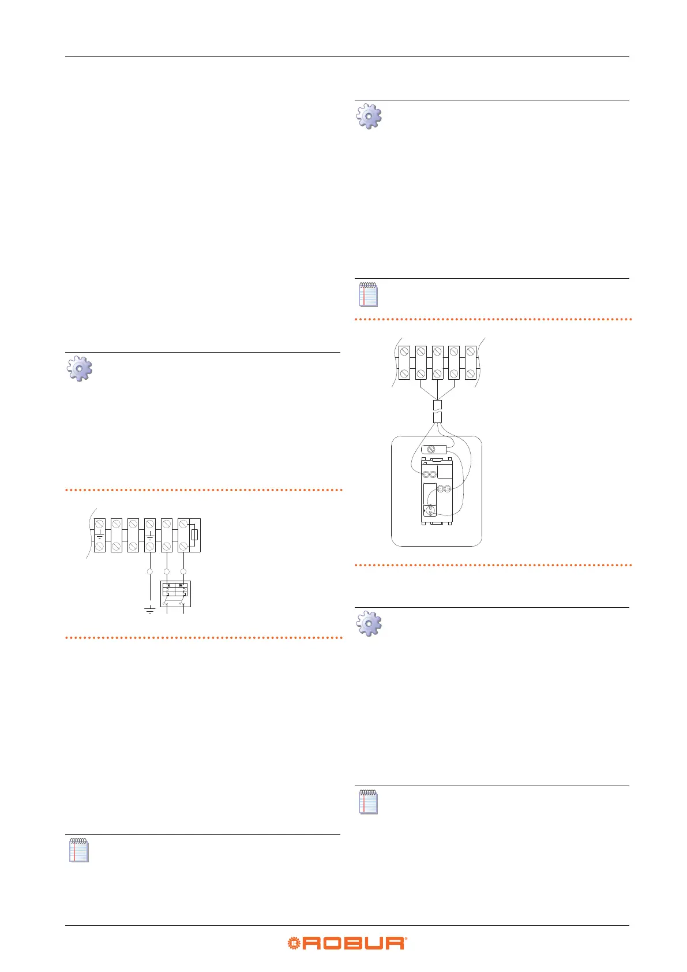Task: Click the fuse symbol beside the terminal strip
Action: pyautogui.click(x=194, y=535)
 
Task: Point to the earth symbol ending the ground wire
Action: pyautogui.click(x=150, y=610)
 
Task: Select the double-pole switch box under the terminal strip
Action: pyautogui.click(x=175, y=595)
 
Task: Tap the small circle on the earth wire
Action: pyautogui.click(x=150, y=571)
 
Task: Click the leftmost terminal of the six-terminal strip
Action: pyautogui.click(x=100, y=535)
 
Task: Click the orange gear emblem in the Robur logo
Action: pyautogui.click(x=295, y=943)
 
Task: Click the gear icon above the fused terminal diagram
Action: pyautogui.click(x=80, y=369)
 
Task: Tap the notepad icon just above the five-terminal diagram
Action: pyautogui.click(x=369, y=294)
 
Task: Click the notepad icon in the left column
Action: pyautogui.click(x=79, y=850)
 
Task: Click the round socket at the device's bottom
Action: pyautogui.click(x=429, y=510)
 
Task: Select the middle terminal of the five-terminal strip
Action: pyautogui.click(x=438, y=362)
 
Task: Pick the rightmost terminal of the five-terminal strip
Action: pyautogui.click(x=471, y=362)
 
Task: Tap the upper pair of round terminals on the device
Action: pyautogui.click(x=430, y=474)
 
